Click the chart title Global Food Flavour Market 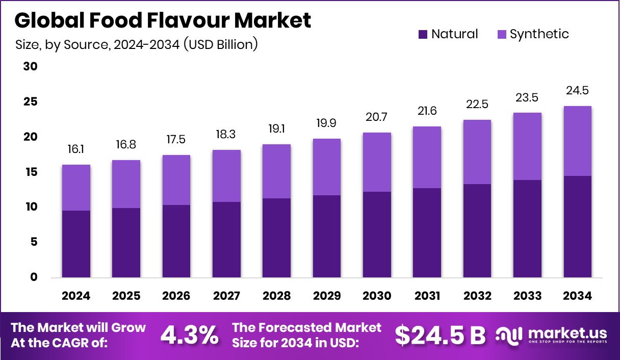coord(163,21)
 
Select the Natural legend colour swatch coord(422,34)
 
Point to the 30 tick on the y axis coord(30,67)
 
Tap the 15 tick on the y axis coord(30,172)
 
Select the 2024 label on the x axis coord(76,296)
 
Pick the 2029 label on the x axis coord(327,296)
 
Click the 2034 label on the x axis coord(578,296)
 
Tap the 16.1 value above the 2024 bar coord(76,149)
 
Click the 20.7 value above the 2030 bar coord(377,117)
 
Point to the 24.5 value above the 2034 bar coord(578,91)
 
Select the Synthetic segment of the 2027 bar coord(226,176)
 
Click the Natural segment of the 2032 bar coord(477,230)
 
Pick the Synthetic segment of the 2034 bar coord(578,141)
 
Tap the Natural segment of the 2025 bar coord(126,243)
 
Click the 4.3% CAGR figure coord(190,335)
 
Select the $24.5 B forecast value coord(440,335)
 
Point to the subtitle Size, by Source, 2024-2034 coord(137,44)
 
